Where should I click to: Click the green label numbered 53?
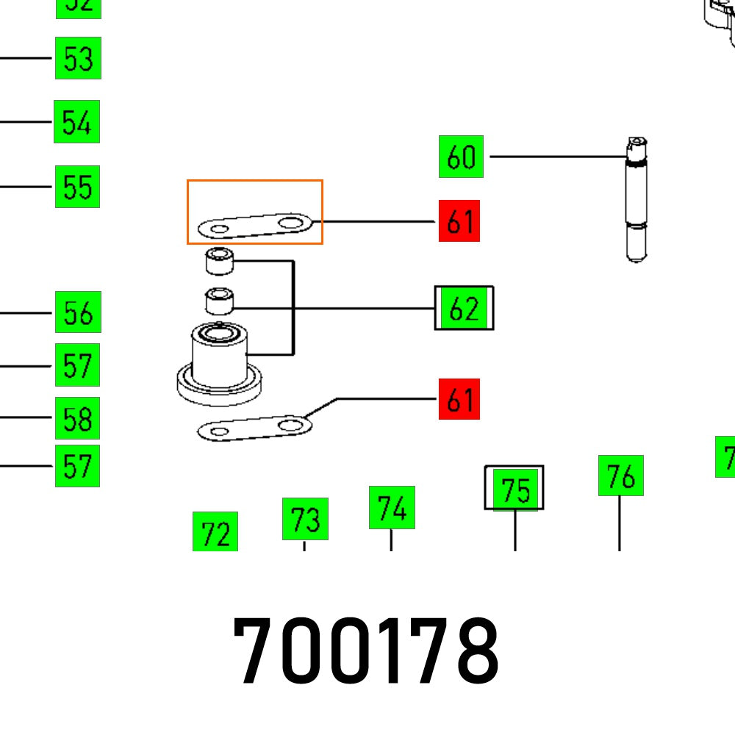click(78, 58)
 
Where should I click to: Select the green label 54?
click(76, 122)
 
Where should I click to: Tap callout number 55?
click(77, 187)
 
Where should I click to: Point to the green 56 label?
click(78, 312)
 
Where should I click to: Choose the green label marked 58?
click(77, 418)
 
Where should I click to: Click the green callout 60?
click(461, 157)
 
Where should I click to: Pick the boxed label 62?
click(464, 308)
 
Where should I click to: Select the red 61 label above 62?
click(459, 220)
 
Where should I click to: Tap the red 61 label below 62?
click(459, 400)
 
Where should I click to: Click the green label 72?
click(215, 532)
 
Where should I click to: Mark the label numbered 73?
click(305, 519)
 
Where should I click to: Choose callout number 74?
click(392, 507)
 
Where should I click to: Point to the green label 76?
click(621, 476)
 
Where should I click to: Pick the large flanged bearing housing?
click(219, 364)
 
